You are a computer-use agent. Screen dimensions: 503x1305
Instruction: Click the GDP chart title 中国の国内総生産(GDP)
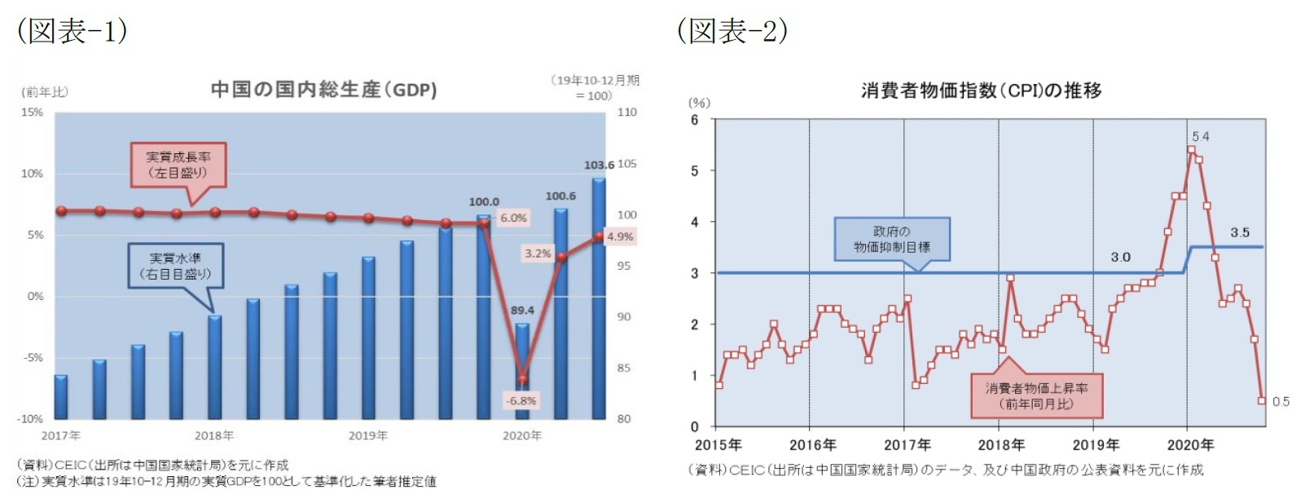[x=323, y=89]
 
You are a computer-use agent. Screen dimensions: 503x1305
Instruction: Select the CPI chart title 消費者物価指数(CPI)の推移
[x=981, y=90]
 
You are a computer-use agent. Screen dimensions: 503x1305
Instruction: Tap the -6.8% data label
[x=521, y=400]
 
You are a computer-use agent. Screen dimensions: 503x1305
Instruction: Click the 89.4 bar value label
[x=522, y=310]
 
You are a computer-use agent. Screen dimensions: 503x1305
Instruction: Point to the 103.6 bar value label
[x=599, y=165]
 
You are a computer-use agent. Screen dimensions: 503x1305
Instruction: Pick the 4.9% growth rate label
[x=620, y=236]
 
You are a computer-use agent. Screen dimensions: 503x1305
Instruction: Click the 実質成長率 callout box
[x=178, y=165]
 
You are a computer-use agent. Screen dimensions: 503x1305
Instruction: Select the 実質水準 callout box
[x=175, y=266]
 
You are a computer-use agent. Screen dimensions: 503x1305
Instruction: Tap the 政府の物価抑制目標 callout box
[x=891, y=239]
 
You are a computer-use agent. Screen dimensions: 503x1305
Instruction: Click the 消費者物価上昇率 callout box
[x=1036, y=395]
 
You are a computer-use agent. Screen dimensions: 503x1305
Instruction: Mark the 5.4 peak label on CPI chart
[x=1200, y=136]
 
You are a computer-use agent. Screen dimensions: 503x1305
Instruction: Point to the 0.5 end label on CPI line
[x=1281, y=401]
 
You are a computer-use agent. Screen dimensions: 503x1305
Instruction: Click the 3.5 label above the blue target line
[x=1239, y=232]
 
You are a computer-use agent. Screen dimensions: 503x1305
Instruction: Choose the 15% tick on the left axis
[x=32, y=112]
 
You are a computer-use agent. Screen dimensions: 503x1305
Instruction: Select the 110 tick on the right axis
[x=626, y=112]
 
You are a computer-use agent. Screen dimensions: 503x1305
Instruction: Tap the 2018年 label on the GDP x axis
[x=214, y=435]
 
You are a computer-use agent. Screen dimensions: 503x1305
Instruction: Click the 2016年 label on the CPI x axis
[x=812, y=444]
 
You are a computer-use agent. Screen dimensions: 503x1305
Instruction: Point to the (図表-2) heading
[x=732, y=31]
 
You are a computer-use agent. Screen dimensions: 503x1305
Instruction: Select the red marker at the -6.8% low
[x=522, y=379]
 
